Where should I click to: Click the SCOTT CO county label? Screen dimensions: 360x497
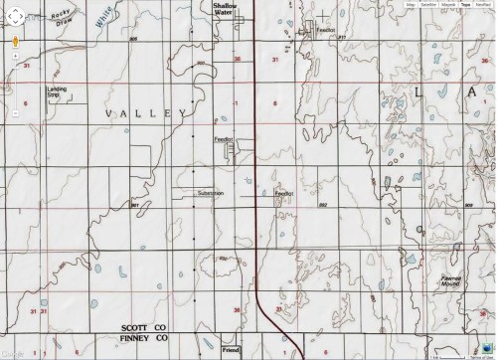[142, 326]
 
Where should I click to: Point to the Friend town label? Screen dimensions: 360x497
[231, 351]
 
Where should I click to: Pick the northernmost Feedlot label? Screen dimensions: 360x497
[324, 31]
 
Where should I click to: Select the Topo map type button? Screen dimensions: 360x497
[464, 5]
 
